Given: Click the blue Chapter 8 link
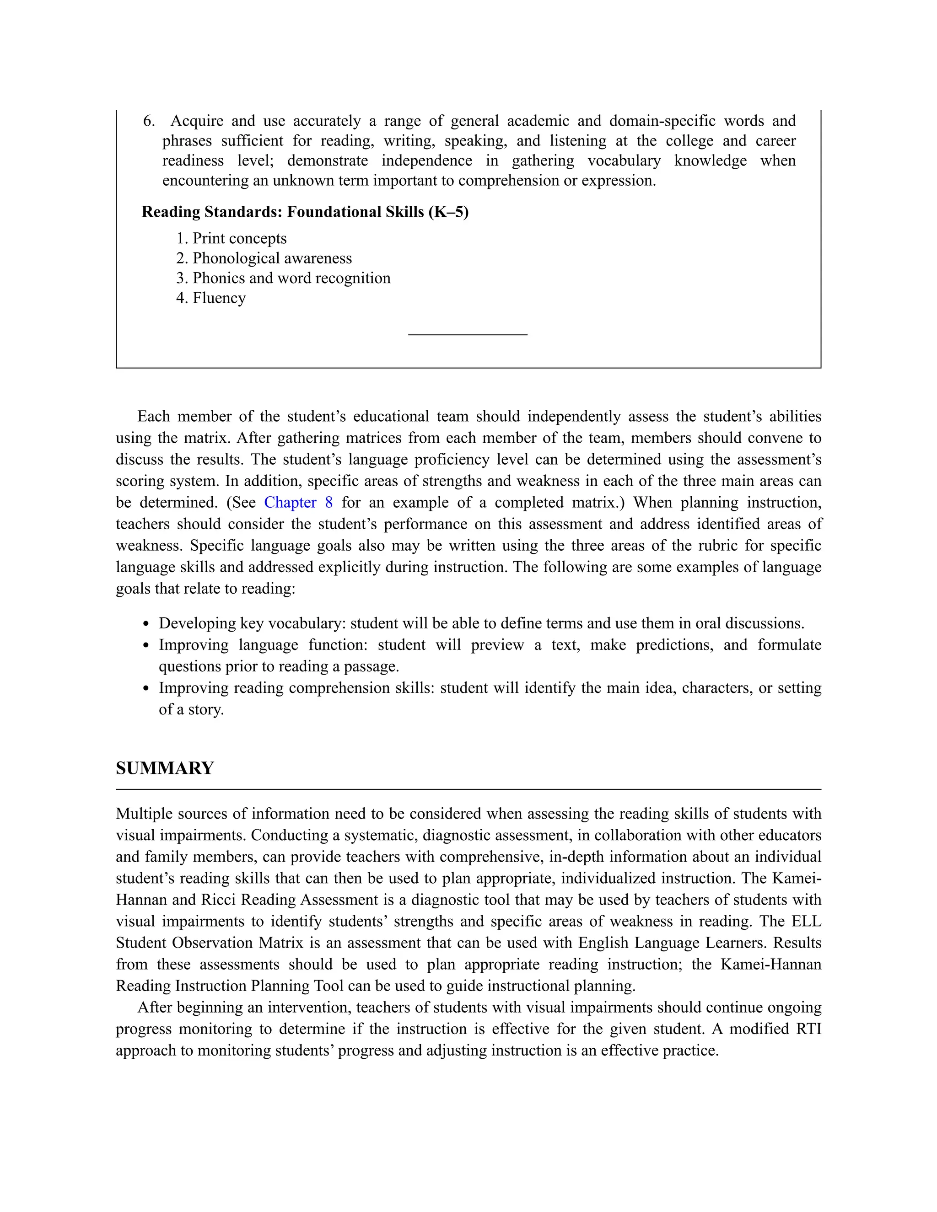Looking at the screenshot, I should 298,502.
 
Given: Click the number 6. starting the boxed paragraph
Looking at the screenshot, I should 149,121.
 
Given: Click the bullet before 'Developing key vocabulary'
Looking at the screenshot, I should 146,624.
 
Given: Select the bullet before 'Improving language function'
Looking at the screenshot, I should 146,645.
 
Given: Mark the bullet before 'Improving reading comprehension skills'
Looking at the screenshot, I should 146,689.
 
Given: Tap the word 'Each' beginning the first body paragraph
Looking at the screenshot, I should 154,416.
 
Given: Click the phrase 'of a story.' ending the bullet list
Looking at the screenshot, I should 191,710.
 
